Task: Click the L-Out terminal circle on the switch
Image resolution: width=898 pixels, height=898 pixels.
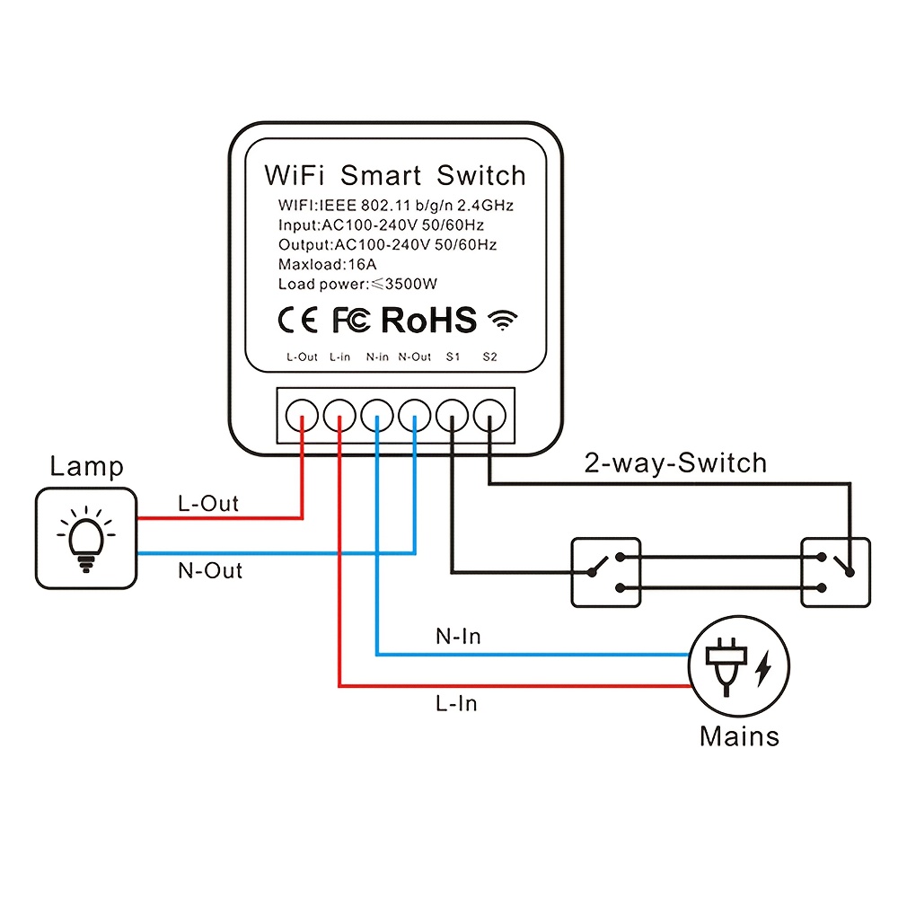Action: [302, 414]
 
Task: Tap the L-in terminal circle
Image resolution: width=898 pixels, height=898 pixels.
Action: [339, 414]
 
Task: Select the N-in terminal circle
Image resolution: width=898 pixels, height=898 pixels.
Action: [377, 414]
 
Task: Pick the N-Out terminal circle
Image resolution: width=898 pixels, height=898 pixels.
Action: [415, 414]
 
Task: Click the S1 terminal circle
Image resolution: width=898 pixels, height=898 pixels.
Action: [452, 414]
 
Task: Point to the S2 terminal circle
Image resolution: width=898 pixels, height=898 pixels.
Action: [489, 414]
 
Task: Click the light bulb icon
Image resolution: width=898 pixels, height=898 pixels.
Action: [86, 539]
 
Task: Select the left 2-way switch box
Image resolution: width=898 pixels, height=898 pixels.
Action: [606, 572]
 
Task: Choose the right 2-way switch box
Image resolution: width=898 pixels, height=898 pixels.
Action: [836, 572]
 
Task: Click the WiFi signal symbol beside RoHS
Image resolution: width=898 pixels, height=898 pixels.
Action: [504, 321]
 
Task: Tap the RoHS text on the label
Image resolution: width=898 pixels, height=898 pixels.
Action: [428, 320]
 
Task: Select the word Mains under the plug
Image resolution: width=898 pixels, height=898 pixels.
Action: [739, 736]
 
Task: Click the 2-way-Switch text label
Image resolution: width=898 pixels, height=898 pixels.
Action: [675, 463]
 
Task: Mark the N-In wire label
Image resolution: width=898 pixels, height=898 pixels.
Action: [457, 637]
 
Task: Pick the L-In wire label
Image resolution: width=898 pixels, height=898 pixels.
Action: [455, 703]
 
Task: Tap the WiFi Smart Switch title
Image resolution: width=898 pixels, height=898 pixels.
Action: [394, 174]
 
